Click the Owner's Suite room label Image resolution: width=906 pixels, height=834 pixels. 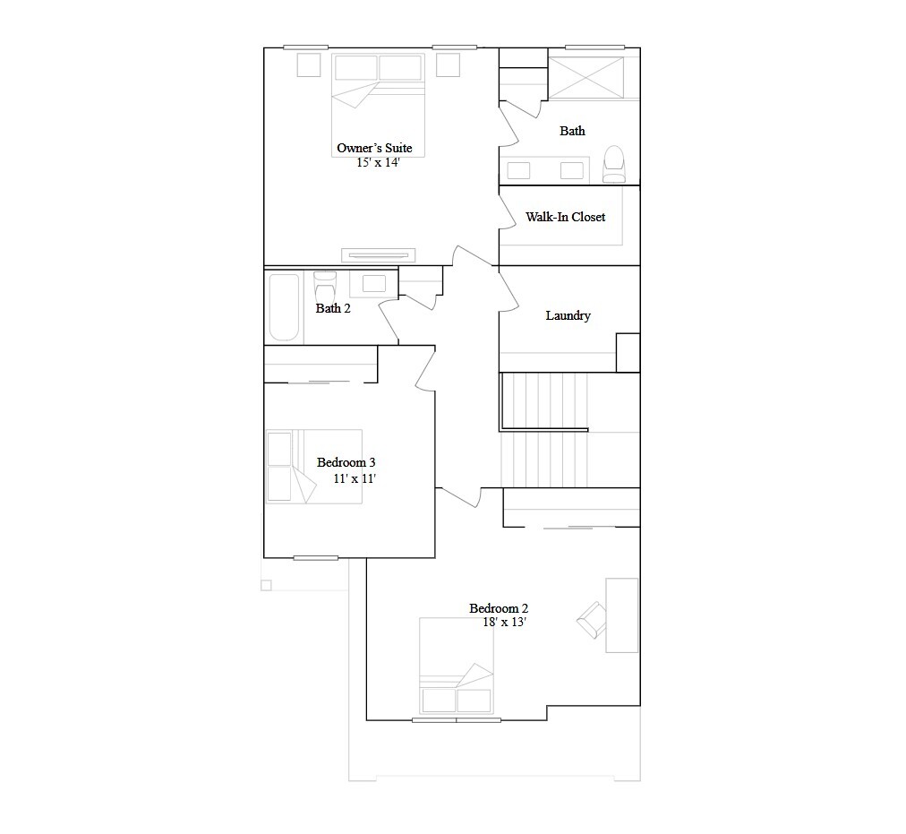coord(374,148)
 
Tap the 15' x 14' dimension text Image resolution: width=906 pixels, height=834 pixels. coord(378,163)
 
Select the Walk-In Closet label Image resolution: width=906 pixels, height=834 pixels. coord(565,217)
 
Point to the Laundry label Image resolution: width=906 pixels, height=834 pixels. coord(568,315)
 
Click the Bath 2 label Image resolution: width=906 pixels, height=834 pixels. coord(333,308)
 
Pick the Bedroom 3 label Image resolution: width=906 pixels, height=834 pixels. coord(346,462)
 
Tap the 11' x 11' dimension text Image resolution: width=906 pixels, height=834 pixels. coord(355,478)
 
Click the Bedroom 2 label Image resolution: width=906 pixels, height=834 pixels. coord(499,608)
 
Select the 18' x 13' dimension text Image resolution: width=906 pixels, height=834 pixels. coord(504,623)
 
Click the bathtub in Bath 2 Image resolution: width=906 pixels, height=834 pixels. coord(284,307)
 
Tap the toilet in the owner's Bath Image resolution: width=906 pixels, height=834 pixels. coord(614,163)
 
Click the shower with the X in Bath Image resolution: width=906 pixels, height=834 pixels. coord(585,78)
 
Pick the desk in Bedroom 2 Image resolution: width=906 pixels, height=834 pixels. coord(622,615)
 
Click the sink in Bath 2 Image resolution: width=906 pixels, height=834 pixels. coord(374,284)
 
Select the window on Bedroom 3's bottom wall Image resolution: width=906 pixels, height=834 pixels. coord(316,558)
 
